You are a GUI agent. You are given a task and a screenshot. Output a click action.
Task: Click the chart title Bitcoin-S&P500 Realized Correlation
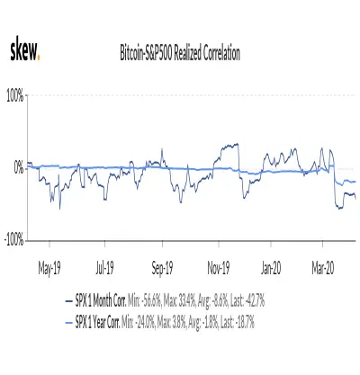point(180,53)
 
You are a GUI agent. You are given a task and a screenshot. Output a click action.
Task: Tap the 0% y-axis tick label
point(19,168)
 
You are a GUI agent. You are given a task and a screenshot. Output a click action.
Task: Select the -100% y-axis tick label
point(14,240)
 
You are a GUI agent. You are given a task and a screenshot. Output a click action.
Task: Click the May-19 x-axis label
point(49,268)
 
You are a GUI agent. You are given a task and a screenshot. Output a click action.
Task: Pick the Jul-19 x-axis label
point(104,267)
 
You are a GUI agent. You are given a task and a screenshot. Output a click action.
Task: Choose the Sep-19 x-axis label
point(162,268)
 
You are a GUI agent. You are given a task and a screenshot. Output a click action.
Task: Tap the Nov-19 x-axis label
point(219,267)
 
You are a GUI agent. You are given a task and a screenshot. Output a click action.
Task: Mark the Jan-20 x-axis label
point(271,267)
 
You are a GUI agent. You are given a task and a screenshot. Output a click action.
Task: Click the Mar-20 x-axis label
point(323,267)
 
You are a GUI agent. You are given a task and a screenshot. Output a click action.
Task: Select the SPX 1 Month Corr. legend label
point(101,301)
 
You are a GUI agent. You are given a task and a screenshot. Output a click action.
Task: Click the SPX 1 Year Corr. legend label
point(98,323)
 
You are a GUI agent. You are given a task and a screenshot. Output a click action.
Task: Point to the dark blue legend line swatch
point(69,301)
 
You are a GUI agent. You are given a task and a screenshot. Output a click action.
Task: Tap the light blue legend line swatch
point(69,323)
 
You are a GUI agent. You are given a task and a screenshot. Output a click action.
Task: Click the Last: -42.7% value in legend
point(247,301)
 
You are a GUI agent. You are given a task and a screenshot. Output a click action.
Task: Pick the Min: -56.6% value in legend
point(145,301)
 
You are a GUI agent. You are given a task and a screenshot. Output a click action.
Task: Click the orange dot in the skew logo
point(38,58)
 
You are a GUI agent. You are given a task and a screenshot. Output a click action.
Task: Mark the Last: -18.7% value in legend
point(238,323)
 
